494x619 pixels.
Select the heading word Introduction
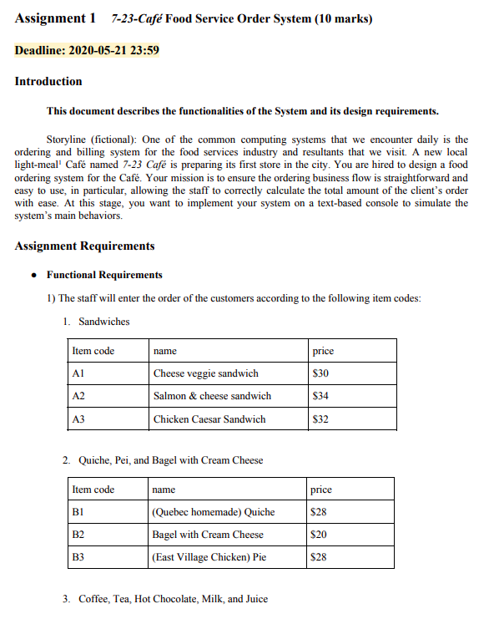pos(48,81)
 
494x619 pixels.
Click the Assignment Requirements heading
pos(84,246)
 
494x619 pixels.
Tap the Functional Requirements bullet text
pos(104,275)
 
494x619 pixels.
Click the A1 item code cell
pos(80,373)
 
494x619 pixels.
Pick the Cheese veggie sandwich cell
pos(206,373)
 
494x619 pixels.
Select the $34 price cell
pos(320,396)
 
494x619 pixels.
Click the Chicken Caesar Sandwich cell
pos(209,419)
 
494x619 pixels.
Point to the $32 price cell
pos(320,419)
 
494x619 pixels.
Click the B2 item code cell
pos(79,535)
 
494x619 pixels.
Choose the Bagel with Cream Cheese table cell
pos(208,535)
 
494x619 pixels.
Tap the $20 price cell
pos(319,535)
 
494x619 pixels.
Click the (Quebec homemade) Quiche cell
pos(214,512)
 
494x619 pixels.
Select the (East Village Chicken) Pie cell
pos(209,557)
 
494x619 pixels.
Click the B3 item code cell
pos(79,557)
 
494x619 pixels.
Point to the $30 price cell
pos(320,373)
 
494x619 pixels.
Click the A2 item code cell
pos(80,396)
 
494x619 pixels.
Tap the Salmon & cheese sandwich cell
pos(212,396)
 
